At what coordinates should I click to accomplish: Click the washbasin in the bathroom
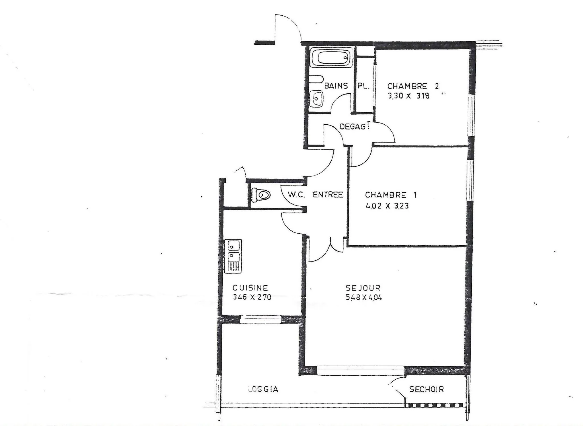pos(316,98)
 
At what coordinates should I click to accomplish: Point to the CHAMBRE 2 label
pos(413,86)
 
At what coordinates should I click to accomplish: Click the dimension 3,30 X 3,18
pos(408,96)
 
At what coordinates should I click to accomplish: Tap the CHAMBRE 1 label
pos(391,195)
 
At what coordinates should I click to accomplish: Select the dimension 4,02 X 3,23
pos(387,205)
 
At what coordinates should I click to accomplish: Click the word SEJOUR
pos(363,288)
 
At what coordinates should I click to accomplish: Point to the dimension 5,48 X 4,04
pos(364,297)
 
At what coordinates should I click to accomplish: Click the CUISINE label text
pos(250,288)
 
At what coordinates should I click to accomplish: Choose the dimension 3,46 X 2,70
pos(252,297)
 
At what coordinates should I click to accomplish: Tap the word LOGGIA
pos(263,389)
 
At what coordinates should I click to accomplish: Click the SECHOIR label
pos(426,389)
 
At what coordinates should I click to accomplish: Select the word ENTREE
pos(328,195)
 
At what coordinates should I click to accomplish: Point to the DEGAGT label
pos(354,126)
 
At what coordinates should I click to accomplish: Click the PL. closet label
pos(363,86)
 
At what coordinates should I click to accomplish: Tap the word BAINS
pos(336,86)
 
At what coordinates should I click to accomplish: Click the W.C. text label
pos(297,195)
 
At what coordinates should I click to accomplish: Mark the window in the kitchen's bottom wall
pos(260,319)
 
